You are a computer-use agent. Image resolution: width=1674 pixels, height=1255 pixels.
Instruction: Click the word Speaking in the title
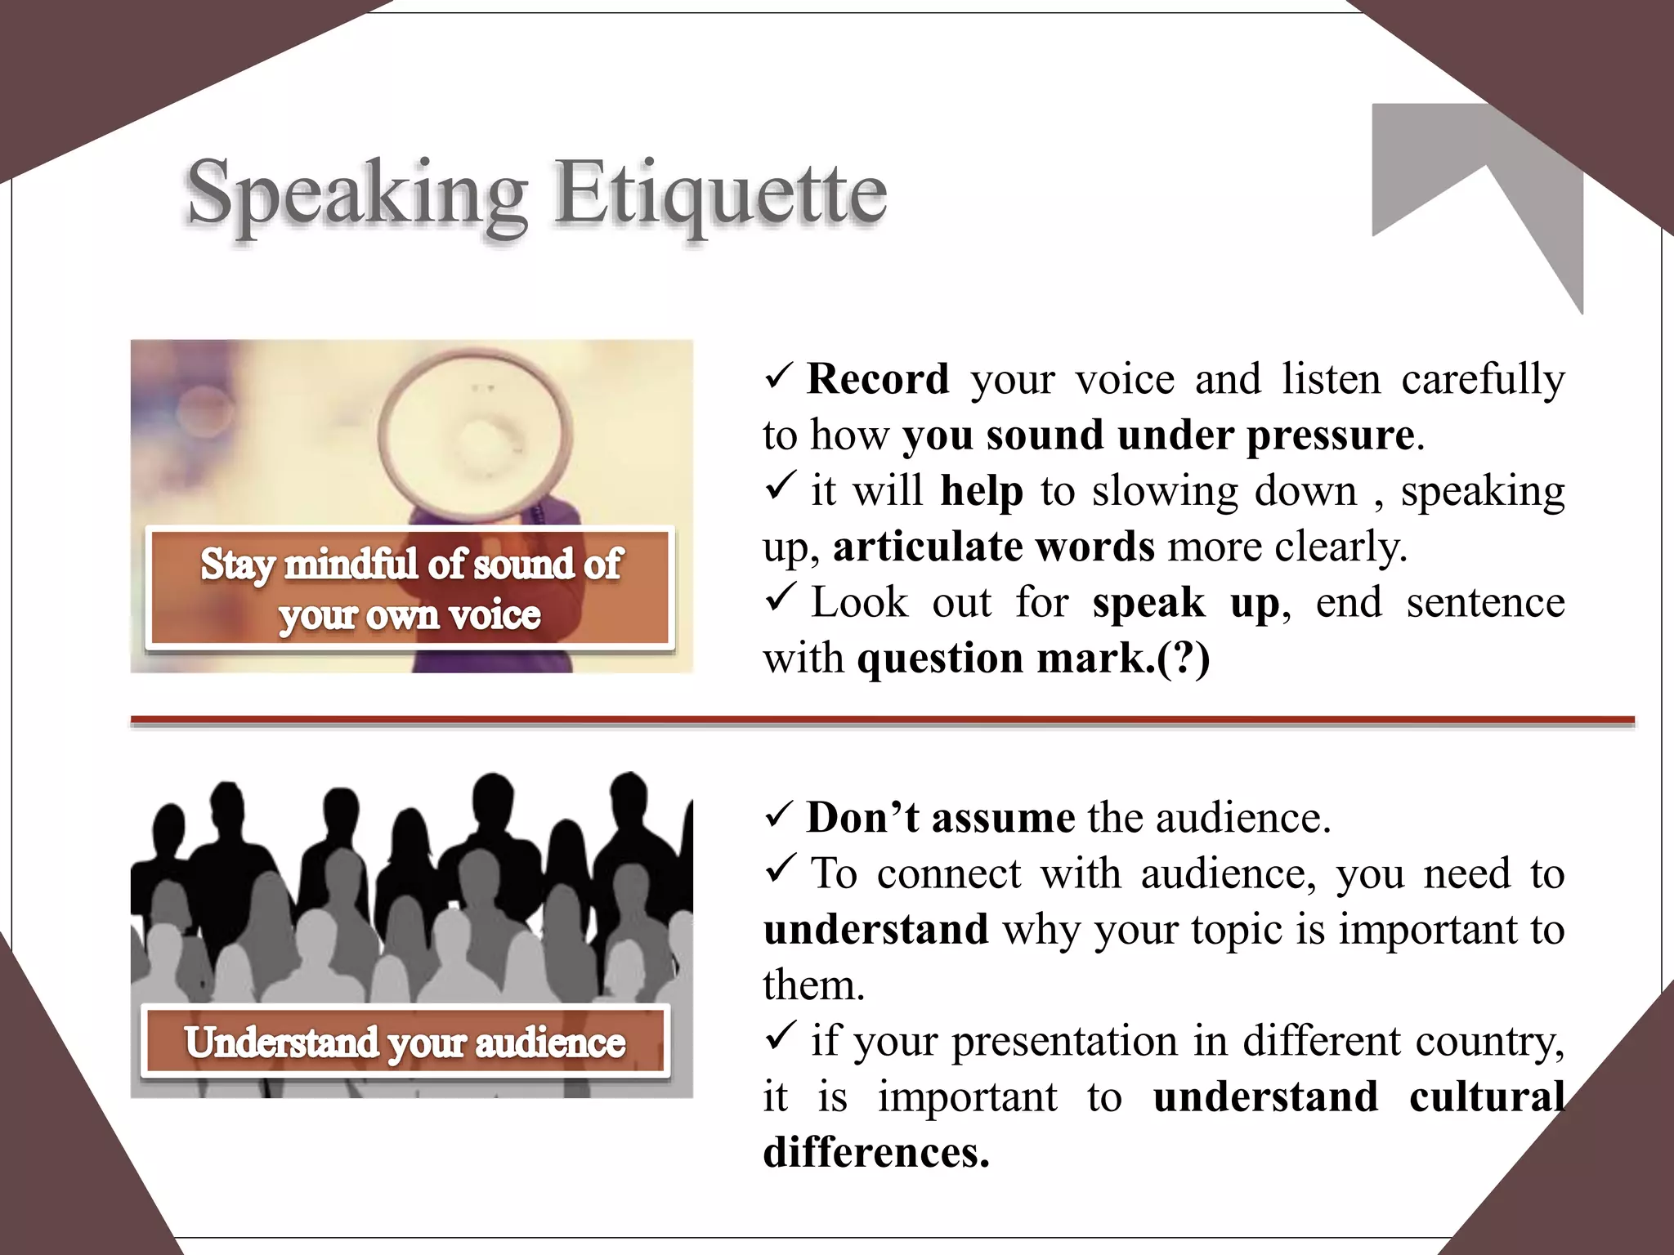pyautogui.click(x=356, y=194)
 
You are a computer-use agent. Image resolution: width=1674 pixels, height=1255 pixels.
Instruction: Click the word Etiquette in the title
pyautogui.click(x=721, y=194)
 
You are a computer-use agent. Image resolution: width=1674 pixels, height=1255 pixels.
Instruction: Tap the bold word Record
pyautogui.click(x=877, y=379)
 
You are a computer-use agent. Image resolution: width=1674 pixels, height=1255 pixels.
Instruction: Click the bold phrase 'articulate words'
pyautogui.click(x=993, y=547)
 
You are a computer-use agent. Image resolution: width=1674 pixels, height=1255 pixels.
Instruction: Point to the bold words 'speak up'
pyautogui.click(x=1185, y=603)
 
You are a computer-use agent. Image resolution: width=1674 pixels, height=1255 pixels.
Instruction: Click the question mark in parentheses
pyautogui.click(x=1183, y=659)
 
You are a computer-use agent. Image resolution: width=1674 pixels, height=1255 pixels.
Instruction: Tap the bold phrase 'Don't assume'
pyautogui.click(x=940, y=818)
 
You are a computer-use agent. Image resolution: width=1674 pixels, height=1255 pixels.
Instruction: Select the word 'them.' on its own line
pyautogui.click(x=813, y=985)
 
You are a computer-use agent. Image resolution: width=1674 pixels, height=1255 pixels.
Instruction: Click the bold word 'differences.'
pyautogui.click(x=876, y=1152)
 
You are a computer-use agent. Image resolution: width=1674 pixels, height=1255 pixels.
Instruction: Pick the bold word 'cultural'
pyautogui.click(x=1486, y=1096)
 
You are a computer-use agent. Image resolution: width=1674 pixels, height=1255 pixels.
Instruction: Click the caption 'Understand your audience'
pyautogui.click(x=405, y=1043)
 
